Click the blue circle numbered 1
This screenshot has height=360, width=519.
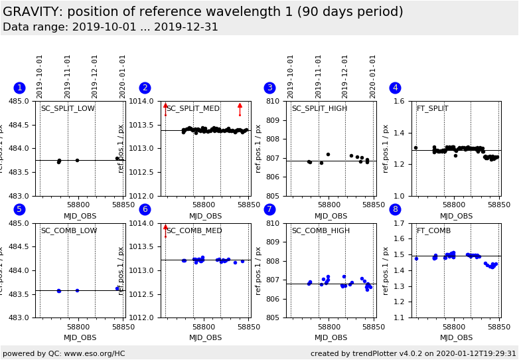pyautogui.click(x=19, y=88)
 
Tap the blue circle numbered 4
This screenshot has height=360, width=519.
pyautogui.click(x=395, y=88)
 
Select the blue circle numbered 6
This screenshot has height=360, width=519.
pyautogui.click(x=145, y=209)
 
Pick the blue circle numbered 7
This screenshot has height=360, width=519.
pyautogui.click(x=269, y=209)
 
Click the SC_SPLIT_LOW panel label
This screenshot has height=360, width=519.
pyautogui.click(x=68, y=109)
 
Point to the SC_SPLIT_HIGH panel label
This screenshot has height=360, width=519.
pyautogui.click(x=319, y=109)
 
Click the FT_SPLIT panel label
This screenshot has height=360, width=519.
pyautogui.click(x=432, y=109)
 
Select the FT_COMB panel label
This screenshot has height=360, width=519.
pyautogui.click(x=433, y=231)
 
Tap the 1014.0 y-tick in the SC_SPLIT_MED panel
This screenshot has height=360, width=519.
pyautogui.click(x=145, y=102)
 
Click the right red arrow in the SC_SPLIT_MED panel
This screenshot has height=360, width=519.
pyautogui.click(x=240, y=106)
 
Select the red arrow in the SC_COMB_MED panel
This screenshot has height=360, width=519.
pyautogui.click(x=165, y=228)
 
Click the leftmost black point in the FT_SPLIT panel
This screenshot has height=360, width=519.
pyautogui.click(x=415, y=148)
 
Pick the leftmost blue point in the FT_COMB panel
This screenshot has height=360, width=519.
pyautogui.click(x=416, y=258)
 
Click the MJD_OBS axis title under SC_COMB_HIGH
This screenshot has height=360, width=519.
pyautogui.click(x=331, y=337)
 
